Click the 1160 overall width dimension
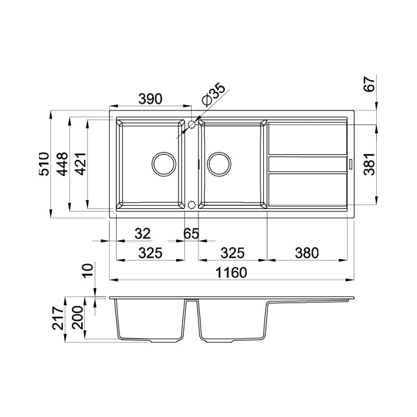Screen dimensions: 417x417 [x=231, y=272]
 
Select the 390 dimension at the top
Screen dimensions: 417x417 [x=150, y=99]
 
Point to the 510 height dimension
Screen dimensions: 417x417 [x=44, y=164]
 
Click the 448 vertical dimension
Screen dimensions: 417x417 [x=63, y=164]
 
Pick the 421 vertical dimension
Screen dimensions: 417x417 [x=81, y=164]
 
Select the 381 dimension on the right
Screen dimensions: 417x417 [x=369, y=164]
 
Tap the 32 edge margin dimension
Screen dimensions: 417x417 [x=143, y=234]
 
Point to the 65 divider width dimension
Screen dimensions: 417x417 [x=191, y=234]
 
